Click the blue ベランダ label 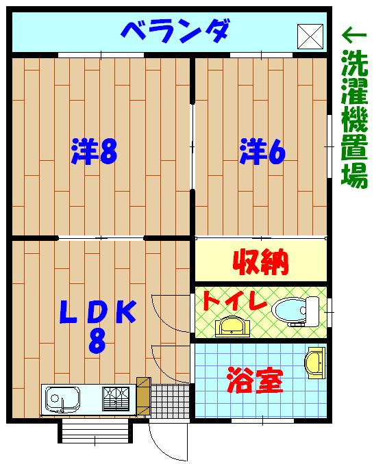[x=174, y=30]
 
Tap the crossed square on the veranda [x=310, y=35]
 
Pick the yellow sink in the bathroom [x=315, y=361]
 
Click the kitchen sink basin [x=62, y=397]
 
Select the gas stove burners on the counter [x=116, y=397]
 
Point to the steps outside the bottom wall [x=95, y=430]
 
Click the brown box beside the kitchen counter [x=143, y=396]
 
